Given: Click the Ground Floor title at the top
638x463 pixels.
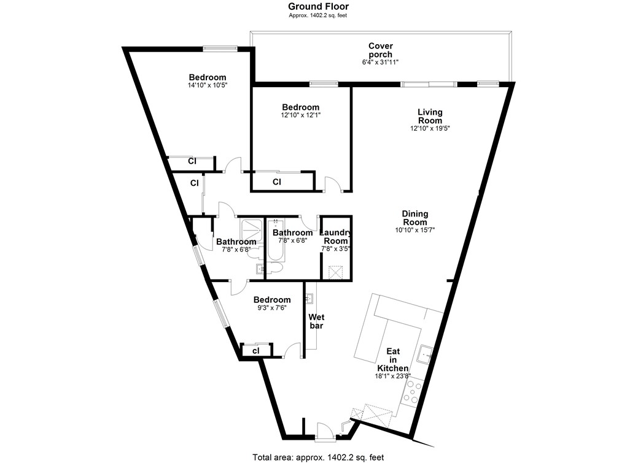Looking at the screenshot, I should pyautogui.click(x=319, y=7).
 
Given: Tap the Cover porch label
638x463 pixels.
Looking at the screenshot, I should pyautogui.click(x=380, y=50).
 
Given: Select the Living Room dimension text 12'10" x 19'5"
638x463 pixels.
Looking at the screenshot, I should pyautogui.click(x=430, y=128).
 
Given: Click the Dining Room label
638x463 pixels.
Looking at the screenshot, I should pyautogui.click(x=414, y=218).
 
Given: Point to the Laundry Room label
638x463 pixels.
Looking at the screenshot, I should pyautogui.click(x=336, y=237).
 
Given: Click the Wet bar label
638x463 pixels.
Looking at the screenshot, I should pyautogui.click(x=316, y=321).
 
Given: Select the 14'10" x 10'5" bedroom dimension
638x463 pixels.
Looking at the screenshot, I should pyautogui.click(x=207, y=86).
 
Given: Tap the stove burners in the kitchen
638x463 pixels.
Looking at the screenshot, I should pyautogui.click(x=411, y=392).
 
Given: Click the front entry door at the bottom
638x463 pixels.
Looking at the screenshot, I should pyautogui.click(x=325, y=432).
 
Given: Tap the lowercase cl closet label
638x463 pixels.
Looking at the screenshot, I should pyautogui.click(x=255, y=350).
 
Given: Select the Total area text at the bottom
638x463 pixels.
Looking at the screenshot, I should pyautogui.click(x=318, y=457).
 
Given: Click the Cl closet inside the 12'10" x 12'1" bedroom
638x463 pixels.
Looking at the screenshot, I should pyautogui.click(x=276, y=182).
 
